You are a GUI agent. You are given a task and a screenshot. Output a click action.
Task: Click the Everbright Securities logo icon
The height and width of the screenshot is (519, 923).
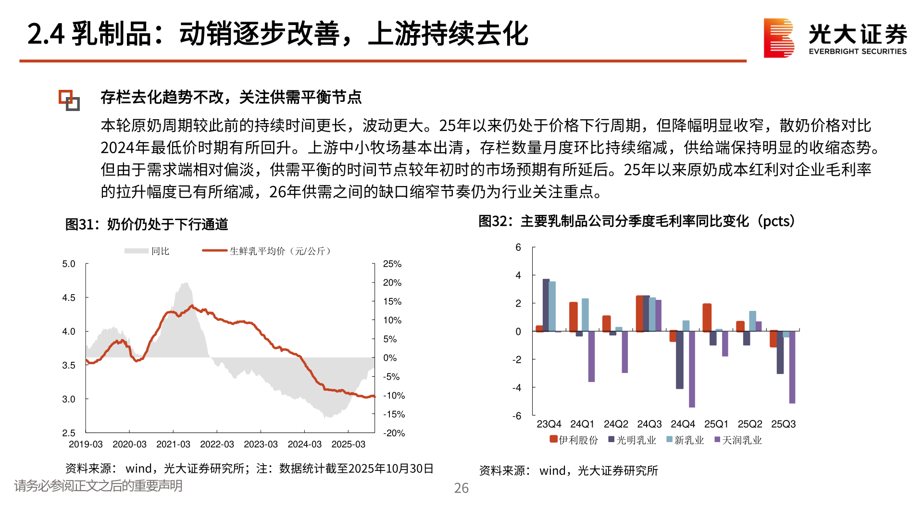pyautogui.click(x=778, y=38)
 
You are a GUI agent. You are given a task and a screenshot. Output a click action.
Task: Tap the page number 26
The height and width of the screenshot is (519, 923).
pyautogui.click(x=461, y=488)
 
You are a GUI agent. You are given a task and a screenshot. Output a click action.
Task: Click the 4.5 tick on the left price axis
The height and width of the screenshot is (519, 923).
pyautogui.click(x=69, y=298)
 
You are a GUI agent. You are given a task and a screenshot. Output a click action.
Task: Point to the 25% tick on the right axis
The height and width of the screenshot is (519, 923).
pyautogui.click(x=392, y=264)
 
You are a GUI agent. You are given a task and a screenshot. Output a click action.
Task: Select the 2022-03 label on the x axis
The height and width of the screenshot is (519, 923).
pyautogui.click(x=217, y=445)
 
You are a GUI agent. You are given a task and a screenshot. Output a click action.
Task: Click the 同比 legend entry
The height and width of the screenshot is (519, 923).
pyautogui.click(x=147, y=251)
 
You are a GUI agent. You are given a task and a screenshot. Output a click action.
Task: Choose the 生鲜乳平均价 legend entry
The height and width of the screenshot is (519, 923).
pyautogui.click(x=267, y=251)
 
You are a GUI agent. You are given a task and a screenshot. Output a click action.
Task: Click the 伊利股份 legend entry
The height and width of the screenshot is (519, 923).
pyautogui.click(x=574, y=440)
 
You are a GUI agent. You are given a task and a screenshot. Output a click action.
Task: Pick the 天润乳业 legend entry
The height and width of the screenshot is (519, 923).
pyautogui.click(x=738, y=440)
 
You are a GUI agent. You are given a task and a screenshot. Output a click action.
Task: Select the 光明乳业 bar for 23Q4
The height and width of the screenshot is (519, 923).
pyautogui.click(x=546, y=305)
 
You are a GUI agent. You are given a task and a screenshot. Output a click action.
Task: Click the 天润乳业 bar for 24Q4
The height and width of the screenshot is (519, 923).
pyautogui.click(x=692, y=369)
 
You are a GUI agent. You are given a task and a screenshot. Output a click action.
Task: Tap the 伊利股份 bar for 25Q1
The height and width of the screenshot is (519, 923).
pyautogui.click(x=707, y=317)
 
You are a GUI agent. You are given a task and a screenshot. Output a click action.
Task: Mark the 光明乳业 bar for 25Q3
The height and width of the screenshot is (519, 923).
pyautogui.click(x=780, y=352)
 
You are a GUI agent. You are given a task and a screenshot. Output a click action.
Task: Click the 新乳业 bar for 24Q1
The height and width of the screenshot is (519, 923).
pyautogui.click(x=585, y=315)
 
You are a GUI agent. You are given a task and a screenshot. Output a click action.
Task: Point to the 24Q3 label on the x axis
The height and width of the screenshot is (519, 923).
pyautogui.click(x=649, y=424)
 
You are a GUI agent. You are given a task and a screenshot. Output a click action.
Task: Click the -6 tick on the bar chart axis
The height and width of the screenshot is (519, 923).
pyautogui.click(x=517, y=416)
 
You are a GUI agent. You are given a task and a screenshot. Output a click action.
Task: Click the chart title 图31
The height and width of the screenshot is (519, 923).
pyautogui.click(x=147, y=224)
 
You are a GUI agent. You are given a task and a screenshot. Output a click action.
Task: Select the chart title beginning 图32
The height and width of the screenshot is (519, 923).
pyautogui.click(x=637, y=222)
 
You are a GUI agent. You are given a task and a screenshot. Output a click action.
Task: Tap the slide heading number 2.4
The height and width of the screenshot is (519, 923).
pyautogui.click(x=46, y=35)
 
